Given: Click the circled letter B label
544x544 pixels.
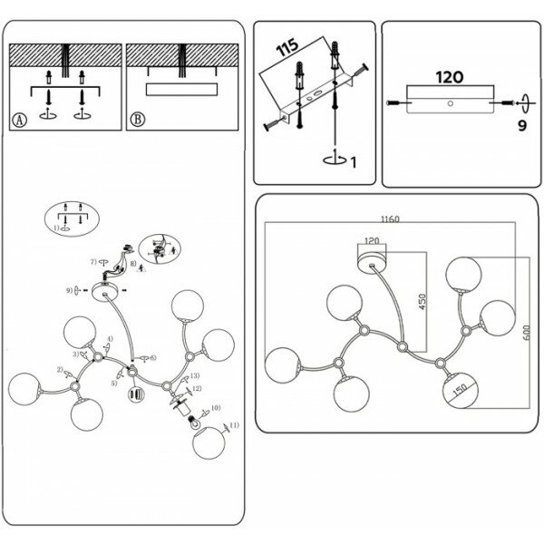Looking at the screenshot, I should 138,119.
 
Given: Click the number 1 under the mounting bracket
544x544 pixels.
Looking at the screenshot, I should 353,162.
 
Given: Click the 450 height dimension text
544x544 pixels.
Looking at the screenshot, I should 421,301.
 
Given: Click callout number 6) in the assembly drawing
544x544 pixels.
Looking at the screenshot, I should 153,359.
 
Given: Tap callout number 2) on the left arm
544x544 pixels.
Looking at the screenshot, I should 61,370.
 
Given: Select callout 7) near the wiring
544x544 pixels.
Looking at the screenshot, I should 92,261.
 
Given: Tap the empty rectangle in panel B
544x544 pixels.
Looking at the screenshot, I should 181,89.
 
